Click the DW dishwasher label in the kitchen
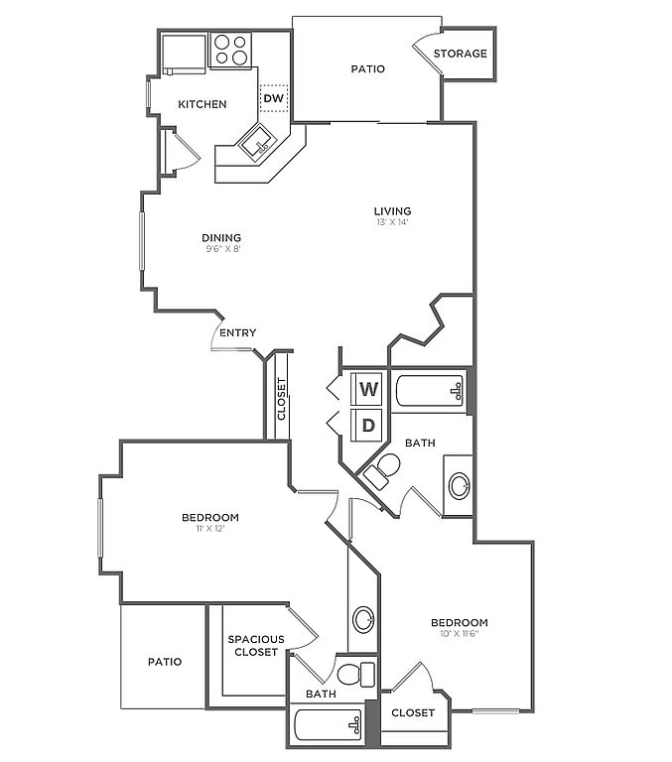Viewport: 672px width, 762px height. (274, 98)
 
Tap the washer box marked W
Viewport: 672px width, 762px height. (369, 389)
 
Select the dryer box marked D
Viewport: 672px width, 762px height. (369, 426)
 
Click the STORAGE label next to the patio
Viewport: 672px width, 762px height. (461, 54)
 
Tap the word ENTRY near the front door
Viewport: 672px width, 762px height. (237, 333)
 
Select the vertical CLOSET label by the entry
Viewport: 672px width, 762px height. (281, 399)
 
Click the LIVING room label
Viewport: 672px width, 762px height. (392, 210)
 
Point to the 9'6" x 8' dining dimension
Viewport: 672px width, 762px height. (221, 249)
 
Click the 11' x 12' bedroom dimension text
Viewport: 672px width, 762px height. (209, 529)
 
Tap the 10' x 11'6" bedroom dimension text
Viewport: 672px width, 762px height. (459, 635)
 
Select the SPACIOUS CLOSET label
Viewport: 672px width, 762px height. (256, 645)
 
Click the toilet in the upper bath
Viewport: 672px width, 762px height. (383, 471)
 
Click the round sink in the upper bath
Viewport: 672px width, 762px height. (460, 486)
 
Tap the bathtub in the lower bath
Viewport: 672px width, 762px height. (329, 727)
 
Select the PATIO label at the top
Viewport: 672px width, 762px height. (367, 69)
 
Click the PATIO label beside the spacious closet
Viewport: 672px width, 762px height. (165, 661)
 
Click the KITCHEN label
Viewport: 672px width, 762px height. (202, 104)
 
